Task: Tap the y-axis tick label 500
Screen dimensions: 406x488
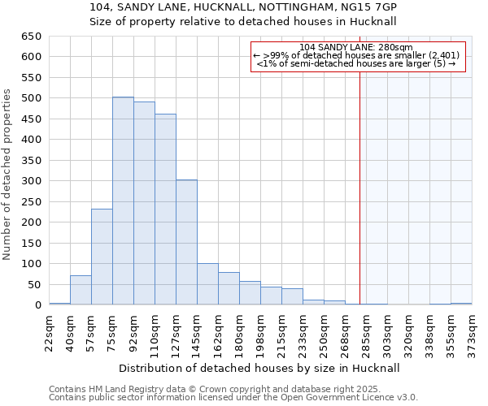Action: pos(32,98)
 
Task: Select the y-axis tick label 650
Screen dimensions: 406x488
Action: pos(32,37)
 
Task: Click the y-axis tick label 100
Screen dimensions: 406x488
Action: pos(32,264)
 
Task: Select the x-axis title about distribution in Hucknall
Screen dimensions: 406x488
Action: pos(265,368)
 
